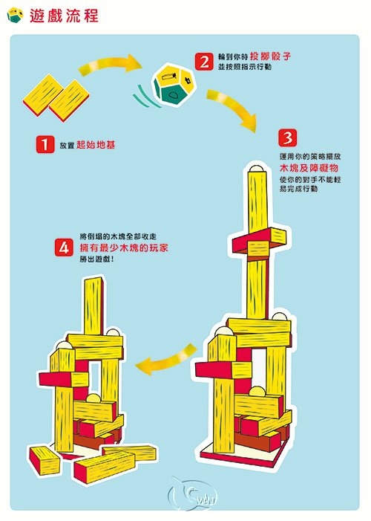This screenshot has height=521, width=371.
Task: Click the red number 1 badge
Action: [x=45, y=144]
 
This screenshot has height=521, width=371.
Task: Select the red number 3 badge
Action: [x=286, y=138]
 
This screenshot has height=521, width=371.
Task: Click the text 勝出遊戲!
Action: [x=97, y=260]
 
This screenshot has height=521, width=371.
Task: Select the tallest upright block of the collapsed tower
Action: [x=93, y=305]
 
